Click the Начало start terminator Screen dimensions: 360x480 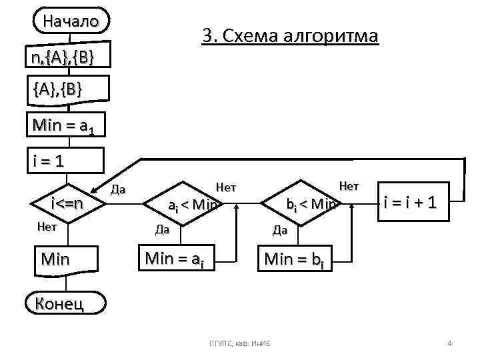[x=71, y=21]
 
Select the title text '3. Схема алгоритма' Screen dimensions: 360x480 [x=290, y=36]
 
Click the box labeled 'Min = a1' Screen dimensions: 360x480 [x=67, y=124]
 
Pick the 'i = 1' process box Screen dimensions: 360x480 [x=67, y=161]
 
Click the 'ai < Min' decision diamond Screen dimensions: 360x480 [x=191, y=203]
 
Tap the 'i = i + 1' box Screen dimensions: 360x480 [x=409, y=201]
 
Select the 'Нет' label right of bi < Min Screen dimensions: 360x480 [x=349, y=186]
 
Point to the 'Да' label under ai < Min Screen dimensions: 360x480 [x=162, y=230]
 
